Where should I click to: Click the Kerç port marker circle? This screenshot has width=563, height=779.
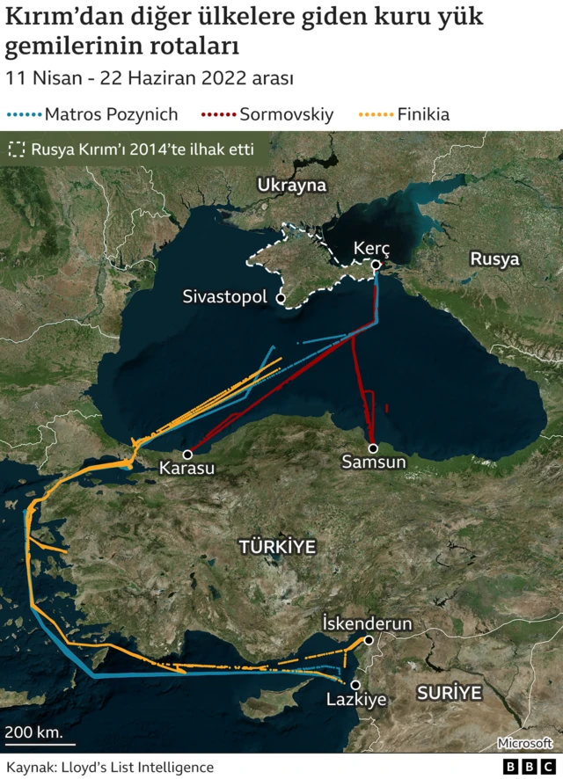pyautogui.click(x=376, y=266)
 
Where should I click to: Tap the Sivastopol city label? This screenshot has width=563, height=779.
pyautogui.click(x=224, y=297)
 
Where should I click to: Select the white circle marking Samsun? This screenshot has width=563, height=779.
pyautogui.click(x=373, y=448)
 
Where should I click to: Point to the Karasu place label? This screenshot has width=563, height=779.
pyautogui.click(x=186, y=469)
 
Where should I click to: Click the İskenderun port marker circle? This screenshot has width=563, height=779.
pyautogui.click(x=368, y=641)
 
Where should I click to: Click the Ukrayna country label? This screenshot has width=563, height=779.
pyautogui.click(x=291, y=185)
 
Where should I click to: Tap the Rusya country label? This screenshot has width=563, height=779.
pyautogui.click(x=494, y=259)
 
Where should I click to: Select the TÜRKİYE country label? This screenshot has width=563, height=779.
pyautogui.click(x=277, y=547)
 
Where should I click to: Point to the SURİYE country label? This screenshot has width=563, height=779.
pyautogui.click(x=450, y=693)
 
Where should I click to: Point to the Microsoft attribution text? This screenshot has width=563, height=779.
pyautogui.click(x=524, y=743)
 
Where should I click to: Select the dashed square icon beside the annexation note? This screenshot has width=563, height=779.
pyautogui.click(x=15, y=149)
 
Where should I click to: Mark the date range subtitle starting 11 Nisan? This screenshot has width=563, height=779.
pyautogui.click(x=150, y=77)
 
